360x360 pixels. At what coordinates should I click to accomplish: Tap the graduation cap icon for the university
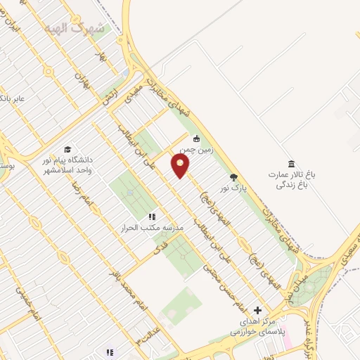coord(67,148)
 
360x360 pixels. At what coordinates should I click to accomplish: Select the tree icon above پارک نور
coord(233,177)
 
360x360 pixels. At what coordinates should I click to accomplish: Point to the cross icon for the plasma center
coord(257,310)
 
